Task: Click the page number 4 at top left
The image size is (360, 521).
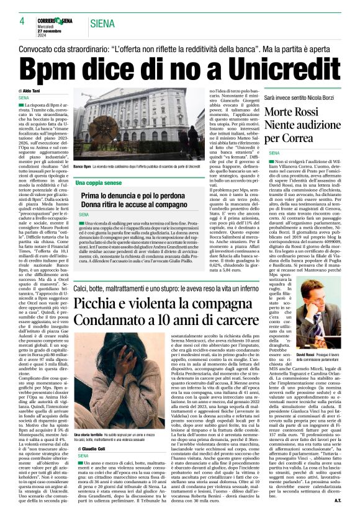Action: (22, 20)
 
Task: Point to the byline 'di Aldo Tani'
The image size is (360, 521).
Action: (32, 91)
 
